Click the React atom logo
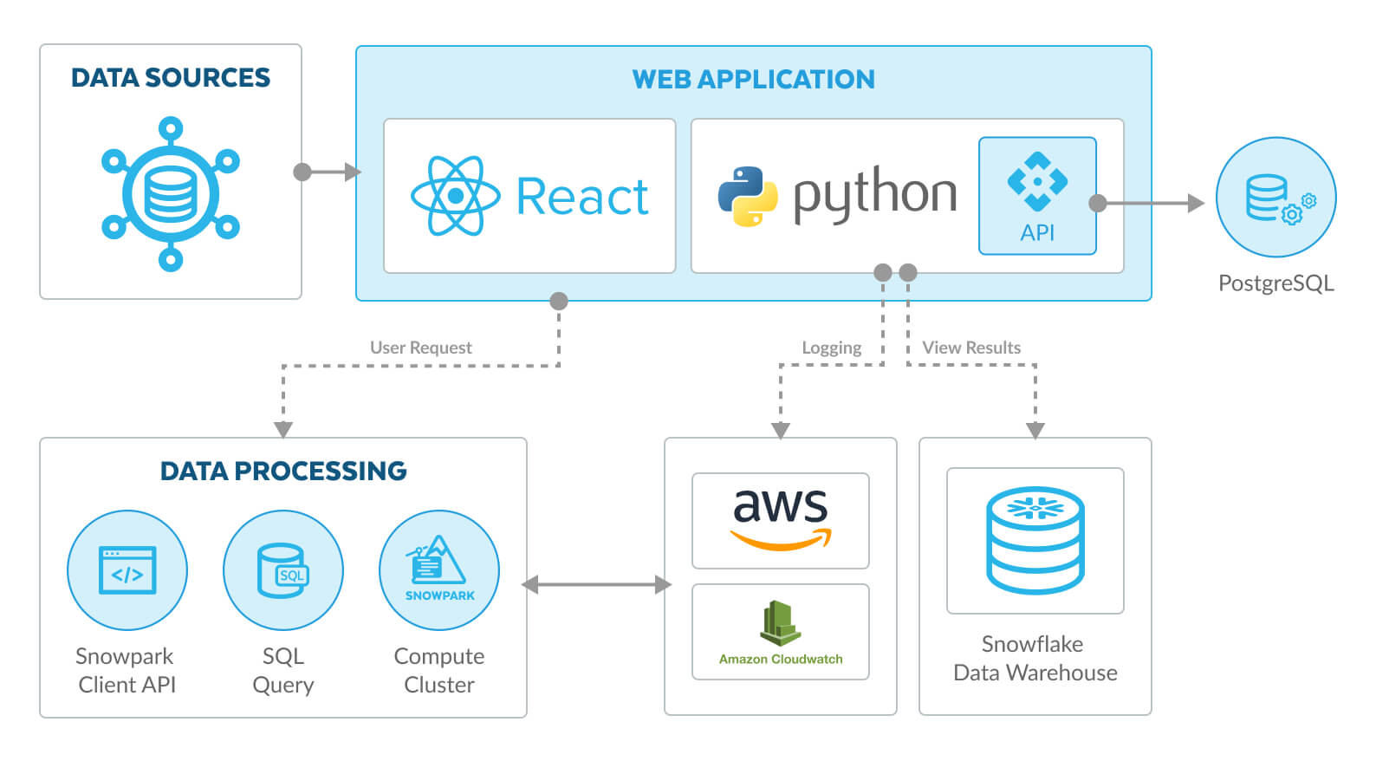(x=456, y=196)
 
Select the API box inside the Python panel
(x=1037, y=196)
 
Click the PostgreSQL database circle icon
(x=1275, y=198)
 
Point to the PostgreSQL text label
(x=1275, y=283)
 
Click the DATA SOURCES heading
(x=171, y=78)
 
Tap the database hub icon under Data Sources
(x=171, y=194)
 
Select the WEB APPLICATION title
(x=753, y=80)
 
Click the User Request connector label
(x=421, y=348)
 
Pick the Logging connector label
(x=831, y=348)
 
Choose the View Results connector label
(x=971, y=348)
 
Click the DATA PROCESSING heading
(x=283, y=471)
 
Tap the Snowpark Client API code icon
(x=127, y=570)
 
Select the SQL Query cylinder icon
(x=283, y=570)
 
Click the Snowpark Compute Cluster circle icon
(x=439, y=570)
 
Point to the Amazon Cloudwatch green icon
(x=781, y=623)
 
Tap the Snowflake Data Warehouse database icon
(x=1035, y=540)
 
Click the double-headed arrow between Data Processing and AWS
(x=596, y=585)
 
